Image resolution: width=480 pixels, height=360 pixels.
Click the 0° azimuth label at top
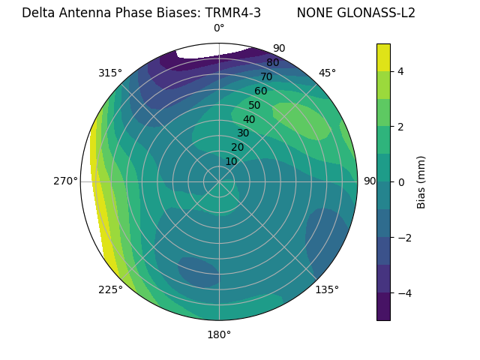click(x=219, y=28)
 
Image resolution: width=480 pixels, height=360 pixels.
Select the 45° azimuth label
click(x=327, y=73)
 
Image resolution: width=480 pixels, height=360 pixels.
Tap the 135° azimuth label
click(x=327, y=289)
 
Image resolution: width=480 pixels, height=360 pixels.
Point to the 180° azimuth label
click(x=219, y=334)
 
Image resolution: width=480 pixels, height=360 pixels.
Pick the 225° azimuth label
click(x=110, y=289)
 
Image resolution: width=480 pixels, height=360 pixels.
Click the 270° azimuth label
click(x=65, y=181)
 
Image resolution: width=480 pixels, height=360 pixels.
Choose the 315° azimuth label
click(x=110, y=73)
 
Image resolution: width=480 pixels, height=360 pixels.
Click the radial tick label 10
click(x=231, y=161)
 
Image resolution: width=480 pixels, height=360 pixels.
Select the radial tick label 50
click(x=254, y=106)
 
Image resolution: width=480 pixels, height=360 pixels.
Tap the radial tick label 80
click(x=272, y=62)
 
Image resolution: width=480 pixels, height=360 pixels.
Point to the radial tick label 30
click(x=243, y=133)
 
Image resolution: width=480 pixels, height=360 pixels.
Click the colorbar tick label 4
click(x=401, y=71)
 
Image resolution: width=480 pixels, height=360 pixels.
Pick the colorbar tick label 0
click(x=401, y=181)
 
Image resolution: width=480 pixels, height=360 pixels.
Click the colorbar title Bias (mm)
click(x=421, y=181)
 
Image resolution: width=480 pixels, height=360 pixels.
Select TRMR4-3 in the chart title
click(x=232, y=13)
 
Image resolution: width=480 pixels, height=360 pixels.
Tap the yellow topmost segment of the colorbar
click(x=383, y=57)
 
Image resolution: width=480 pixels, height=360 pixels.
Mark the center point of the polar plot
click(x=219, y=181)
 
